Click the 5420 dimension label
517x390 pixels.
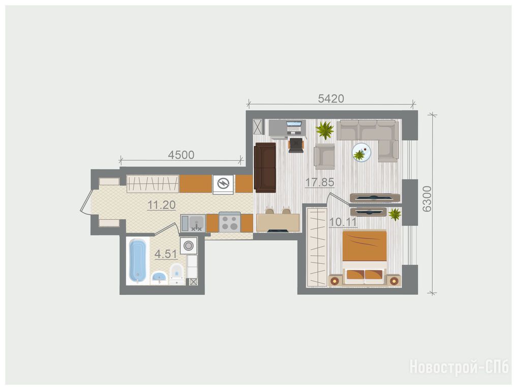pyautogui.click(x=331, y=98)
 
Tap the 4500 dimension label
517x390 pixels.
pyautogui.click(x=181, y=155)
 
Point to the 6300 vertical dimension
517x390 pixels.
pyautogui.click(x=427, y=199)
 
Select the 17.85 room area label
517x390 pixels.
pyautogui.click(x=319, y=182)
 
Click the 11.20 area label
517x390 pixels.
pyautogui.click(x=161, y=205)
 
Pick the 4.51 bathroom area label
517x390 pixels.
pyautogui.click(x=166, y=254)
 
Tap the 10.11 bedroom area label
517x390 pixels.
pyautogui.click(x=343, y=222)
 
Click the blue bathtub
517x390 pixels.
pyautogui.click(x=138, y=261)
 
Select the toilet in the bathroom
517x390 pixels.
pyautogui.click(x=177, y=273)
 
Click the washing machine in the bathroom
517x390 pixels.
pyautogui.click(x=188, y=246)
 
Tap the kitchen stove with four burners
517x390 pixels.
pyautogui.click(x=229, y=222)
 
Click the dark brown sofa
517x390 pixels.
pyautogui.click(x=265, y=168)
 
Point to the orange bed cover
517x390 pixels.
pyautogui.click(x=364, y=246)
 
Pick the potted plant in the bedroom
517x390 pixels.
pyautogui.click(x=394, y=214)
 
